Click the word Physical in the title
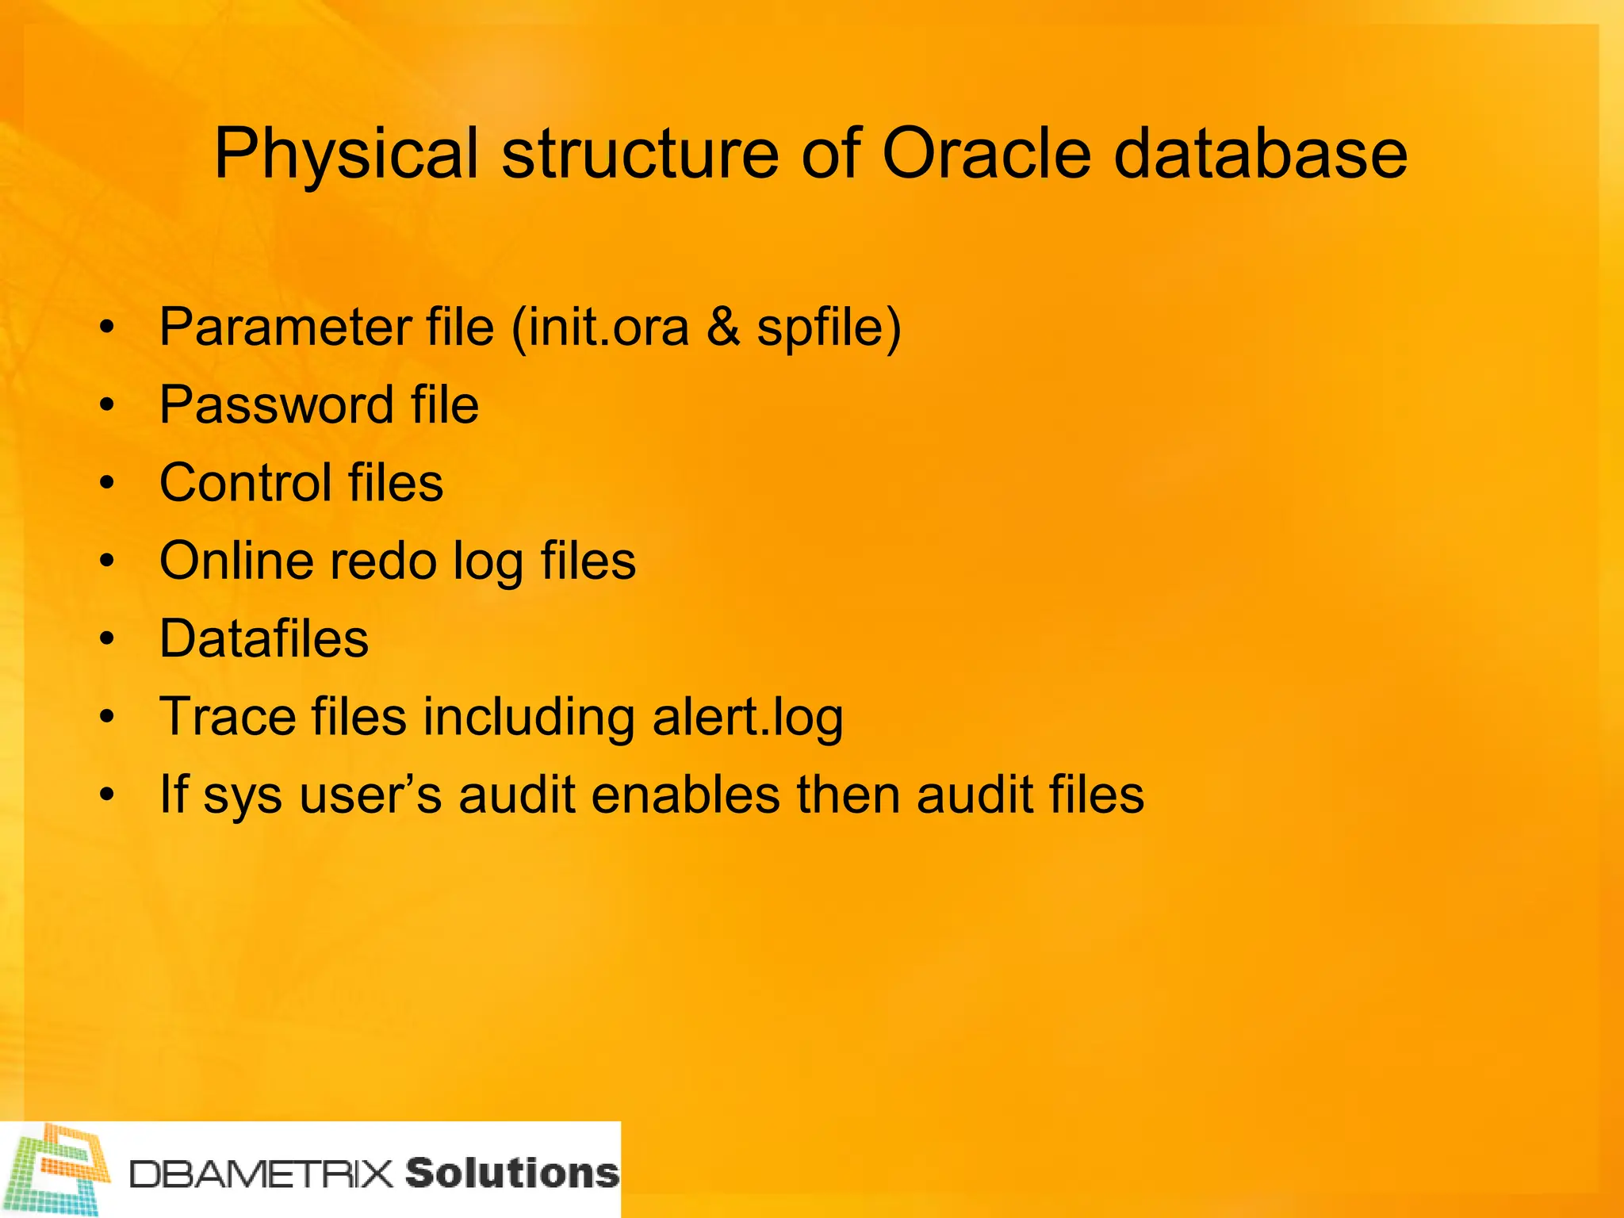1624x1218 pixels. (347, 155)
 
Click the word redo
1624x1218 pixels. (382, 561)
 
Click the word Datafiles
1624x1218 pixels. (264, 638)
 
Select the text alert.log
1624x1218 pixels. (747, 718)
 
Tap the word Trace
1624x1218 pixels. (227, 716)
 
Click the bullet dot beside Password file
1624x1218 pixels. (107, 406)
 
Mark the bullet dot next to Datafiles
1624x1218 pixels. (107, 639)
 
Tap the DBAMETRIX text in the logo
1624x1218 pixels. (262, 1174)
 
